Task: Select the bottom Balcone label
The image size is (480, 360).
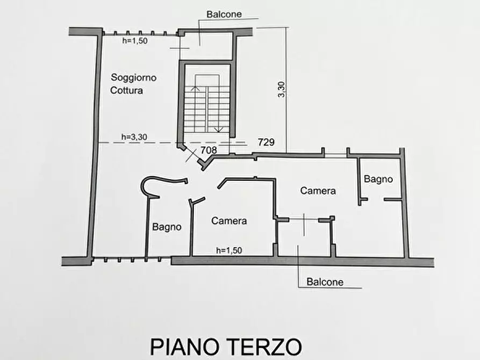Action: coord(325,281)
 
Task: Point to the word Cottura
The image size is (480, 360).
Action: coord(127,90)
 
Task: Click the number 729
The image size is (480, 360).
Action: coord(267,142)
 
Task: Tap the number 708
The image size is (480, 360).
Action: coord(209,150)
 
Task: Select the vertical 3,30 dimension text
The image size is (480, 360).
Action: coord(282,89)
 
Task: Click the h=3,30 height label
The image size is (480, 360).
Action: coord(134,137)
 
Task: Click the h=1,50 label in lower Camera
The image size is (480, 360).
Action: coord(228,250)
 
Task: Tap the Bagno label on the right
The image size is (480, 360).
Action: coord(378,179)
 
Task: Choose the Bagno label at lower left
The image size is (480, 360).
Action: coord(166,227)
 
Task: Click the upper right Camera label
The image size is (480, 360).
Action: coord(318,190)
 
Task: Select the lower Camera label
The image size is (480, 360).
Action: coord(229,220)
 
